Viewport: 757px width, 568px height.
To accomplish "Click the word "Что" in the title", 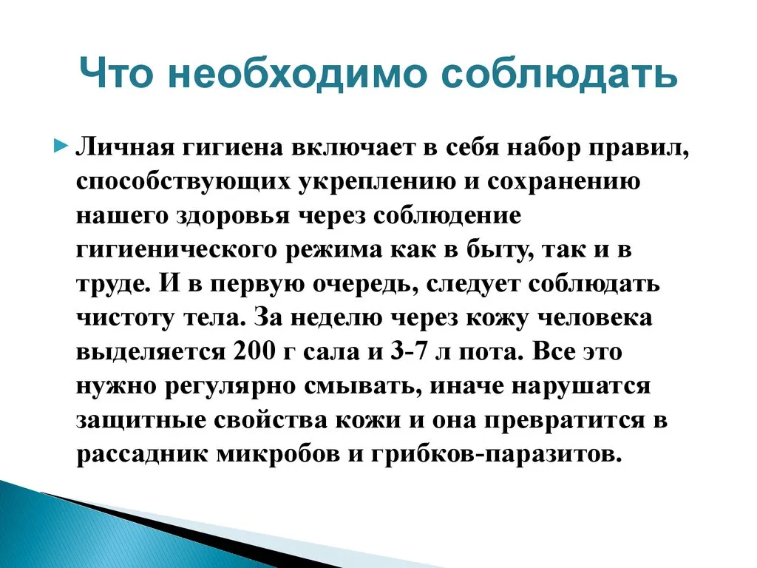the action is [116, 73].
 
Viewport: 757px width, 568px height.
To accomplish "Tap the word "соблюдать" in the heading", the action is [555, 74].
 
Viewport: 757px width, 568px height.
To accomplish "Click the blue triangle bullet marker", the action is [59, 146].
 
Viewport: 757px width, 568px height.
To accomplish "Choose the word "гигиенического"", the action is [177, 250].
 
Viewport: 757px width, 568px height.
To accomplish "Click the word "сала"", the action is [331, 353].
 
